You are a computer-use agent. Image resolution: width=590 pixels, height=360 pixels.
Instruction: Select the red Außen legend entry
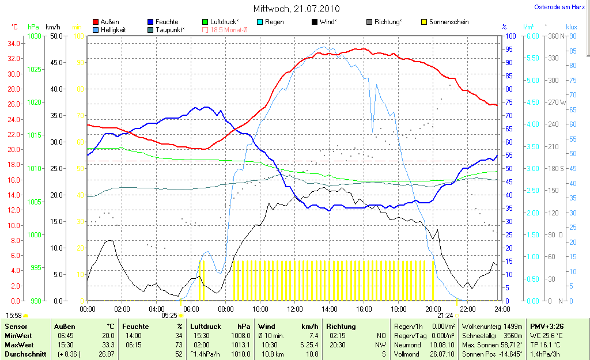click(x=109, y=22)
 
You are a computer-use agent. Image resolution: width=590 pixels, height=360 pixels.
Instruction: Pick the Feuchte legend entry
click(x=167, y=22)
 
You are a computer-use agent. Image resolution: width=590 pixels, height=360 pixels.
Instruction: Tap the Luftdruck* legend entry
click(x=225, y=22)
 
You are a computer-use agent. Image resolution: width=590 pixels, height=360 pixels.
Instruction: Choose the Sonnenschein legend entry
click(x=448, y=22)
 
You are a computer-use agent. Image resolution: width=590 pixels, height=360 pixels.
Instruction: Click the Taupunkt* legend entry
click(x=170, y=29)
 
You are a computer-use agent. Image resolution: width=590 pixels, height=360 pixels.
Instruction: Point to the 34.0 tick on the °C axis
click(x=14, y=43)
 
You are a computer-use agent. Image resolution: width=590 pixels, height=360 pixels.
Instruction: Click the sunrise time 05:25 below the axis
click(x=169, y=316)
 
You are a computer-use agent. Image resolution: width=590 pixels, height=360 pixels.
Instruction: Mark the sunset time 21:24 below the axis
click(x=445, y=316)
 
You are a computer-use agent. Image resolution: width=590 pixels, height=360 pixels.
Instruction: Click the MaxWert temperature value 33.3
click(x=108, y=344)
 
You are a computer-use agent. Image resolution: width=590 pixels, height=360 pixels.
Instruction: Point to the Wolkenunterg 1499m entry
click(x=492, y=326)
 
